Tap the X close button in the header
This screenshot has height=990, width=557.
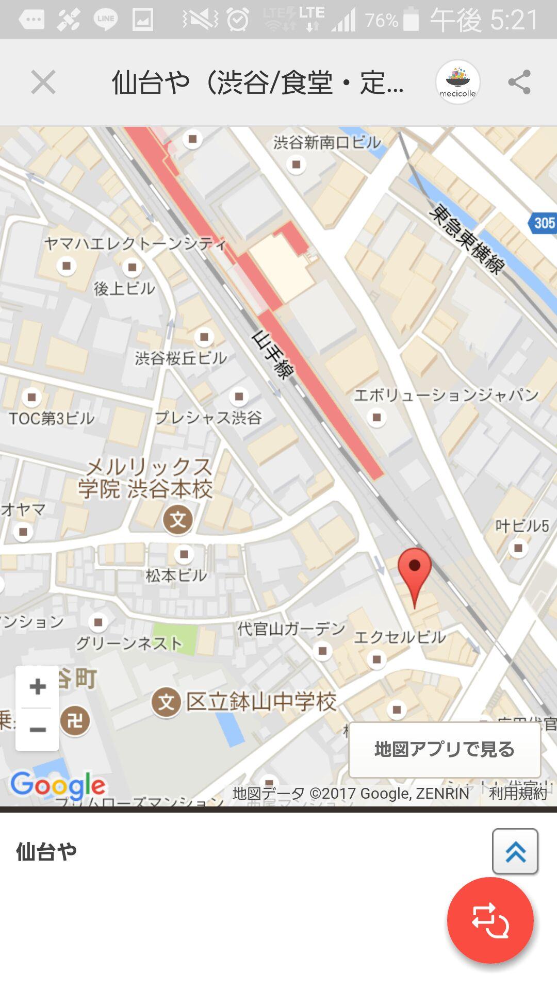43,82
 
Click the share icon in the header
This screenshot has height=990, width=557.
519,82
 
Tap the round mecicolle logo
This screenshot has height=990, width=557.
457,82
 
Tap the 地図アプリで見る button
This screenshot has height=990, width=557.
445,749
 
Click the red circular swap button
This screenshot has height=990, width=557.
490,920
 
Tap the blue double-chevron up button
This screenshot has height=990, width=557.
515,852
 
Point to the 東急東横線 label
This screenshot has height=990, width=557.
467,239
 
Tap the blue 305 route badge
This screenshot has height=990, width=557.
544,223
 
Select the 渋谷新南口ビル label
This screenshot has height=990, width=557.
327,142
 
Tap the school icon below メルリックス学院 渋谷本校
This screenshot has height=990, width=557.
178,519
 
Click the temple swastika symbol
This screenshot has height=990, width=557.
75,720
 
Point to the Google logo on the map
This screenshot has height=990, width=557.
58,785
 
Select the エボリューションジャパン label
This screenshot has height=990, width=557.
446,395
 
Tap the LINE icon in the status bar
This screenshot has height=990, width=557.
106,19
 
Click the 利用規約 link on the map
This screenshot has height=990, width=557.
518,793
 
